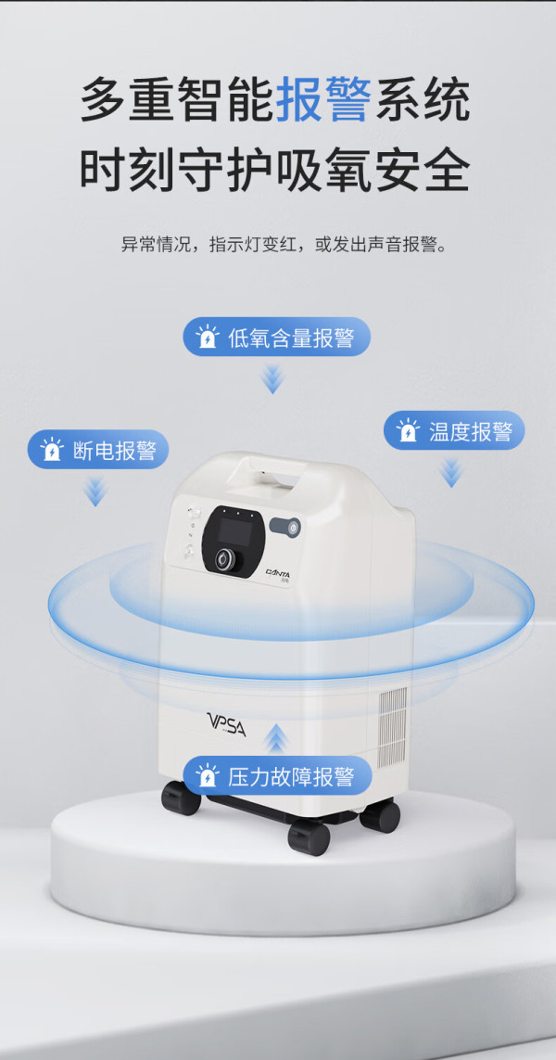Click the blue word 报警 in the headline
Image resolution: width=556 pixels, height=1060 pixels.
pyautogui.click(x=323, y=100)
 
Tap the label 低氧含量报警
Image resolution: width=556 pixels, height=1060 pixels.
pyautogui.click(x=278, y=337)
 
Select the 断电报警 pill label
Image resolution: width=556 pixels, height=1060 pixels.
pyautogui.click(x=98, y=450)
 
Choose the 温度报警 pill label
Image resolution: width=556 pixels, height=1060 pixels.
pyautogui.click(x=454, y=430)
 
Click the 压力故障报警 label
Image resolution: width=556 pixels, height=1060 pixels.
pyautogui.click(x=278, y=776)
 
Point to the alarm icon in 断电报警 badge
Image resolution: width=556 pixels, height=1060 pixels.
pyautogui.click(x=52, y=450)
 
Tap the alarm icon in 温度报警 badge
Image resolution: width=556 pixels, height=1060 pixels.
pyautogui.click(x=408, y=430)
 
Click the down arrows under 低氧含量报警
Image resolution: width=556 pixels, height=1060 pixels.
pyautogui.click(x=272, y=377)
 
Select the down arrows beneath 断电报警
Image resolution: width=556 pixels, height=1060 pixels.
pyautogui.click(x=96, y=492)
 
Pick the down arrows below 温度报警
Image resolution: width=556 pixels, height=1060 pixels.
pyautogui.click(x=450, y=473)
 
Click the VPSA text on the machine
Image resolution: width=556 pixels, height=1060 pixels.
pyautogui.click(x=226, y=724)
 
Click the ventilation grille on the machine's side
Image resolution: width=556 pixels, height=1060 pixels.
pyautogui.click(x=392, y=727)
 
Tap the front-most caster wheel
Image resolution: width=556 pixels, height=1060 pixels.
pyautogui.click(x=309, y=838)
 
